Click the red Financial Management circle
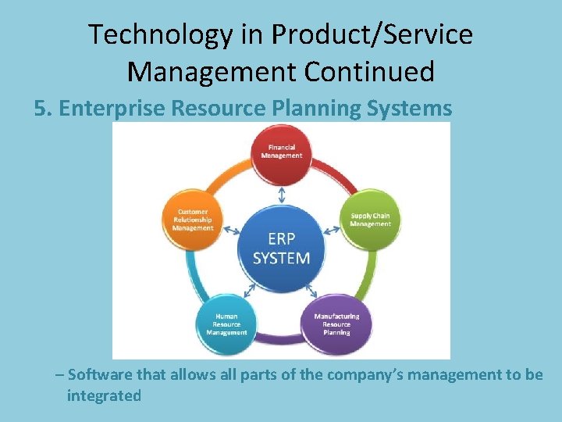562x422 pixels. point(281,151)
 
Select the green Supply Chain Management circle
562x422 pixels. point(370,220)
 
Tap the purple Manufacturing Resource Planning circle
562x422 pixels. point(336,324)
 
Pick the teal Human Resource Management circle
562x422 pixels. point(226,324)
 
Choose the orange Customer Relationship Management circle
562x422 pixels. point(192,220)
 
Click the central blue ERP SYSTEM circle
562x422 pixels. point(281,247)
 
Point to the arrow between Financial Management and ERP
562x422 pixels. point(281,193)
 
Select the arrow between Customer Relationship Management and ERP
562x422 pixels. point(231,231)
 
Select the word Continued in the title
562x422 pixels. point(369,72)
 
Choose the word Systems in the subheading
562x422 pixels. point(411,109)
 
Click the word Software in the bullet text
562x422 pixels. point(100,374)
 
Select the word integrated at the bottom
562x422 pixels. point(104,395)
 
